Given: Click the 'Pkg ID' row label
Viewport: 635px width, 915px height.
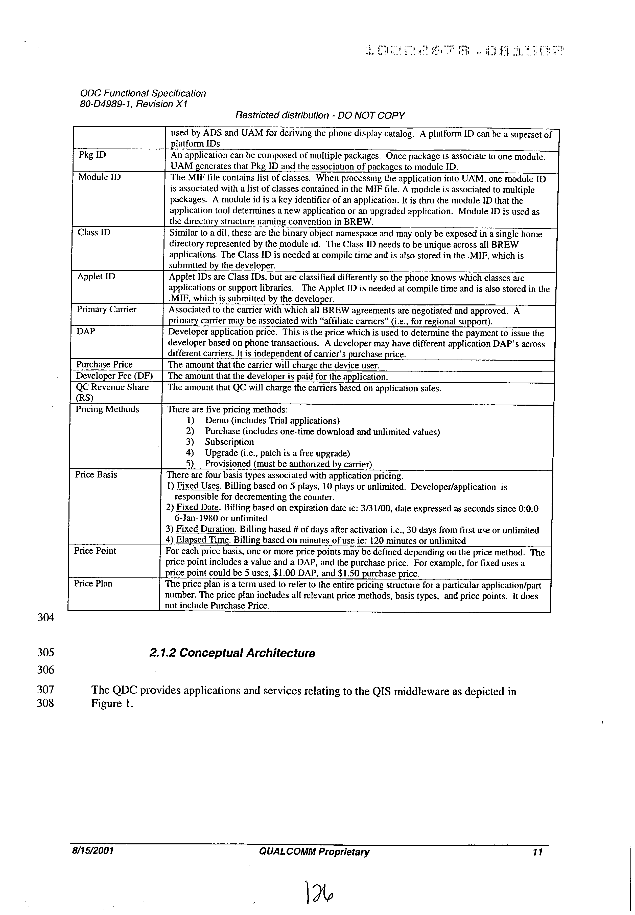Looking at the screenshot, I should coord(92,155).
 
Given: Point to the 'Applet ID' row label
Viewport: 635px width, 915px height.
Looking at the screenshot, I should coord(96,277).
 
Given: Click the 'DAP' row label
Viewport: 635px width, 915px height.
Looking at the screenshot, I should coord(86,331).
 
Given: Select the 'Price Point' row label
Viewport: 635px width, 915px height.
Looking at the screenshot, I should coord(95,551).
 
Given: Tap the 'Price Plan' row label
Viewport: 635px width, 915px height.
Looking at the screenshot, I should coord(93,584).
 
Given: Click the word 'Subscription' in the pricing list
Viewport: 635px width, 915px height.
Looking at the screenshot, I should coord(229,442).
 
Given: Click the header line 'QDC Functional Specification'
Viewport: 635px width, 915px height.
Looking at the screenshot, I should coord(143,93).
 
